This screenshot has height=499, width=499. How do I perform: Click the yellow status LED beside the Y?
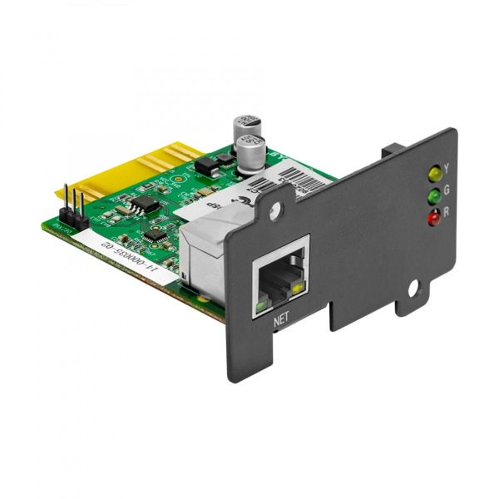point(432,174)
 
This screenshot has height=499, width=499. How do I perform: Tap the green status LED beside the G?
point(432,197)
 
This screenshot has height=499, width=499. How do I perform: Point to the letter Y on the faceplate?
point(447,168)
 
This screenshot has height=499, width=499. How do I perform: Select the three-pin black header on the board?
point(72,207)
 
